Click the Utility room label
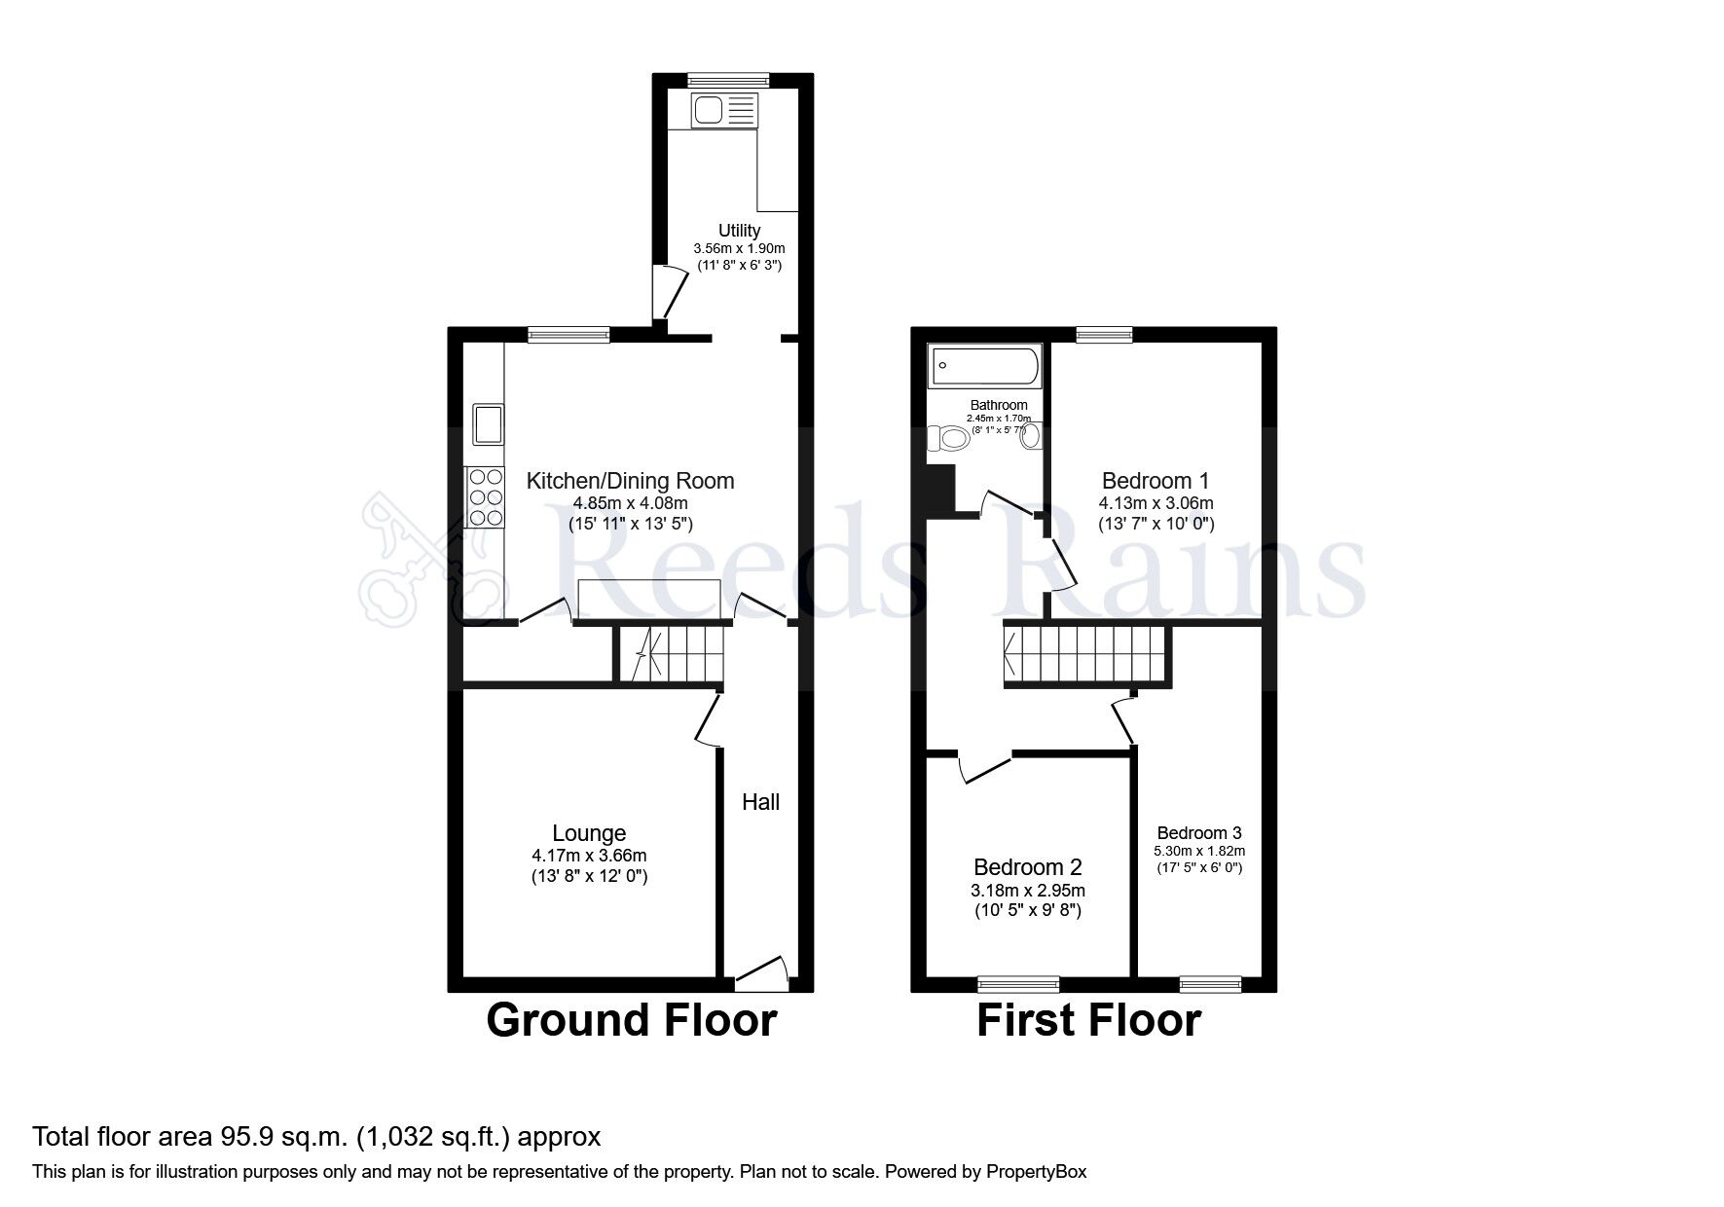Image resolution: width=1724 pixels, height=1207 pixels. pos(739,231)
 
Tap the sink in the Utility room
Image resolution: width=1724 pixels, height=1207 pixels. pos(723,110)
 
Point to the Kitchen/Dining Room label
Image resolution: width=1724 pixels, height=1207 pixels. pos(630,480)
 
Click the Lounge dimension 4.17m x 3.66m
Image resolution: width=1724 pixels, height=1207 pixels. pos(589,856)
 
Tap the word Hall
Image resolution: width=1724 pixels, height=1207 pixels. pos(760,802)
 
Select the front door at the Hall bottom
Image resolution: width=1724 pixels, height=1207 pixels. pos(761,970)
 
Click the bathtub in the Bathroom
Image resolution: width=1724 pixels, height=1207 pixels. pos(984,367)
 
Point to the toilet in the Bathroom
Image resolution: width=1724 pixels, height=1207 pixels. pos(949,439)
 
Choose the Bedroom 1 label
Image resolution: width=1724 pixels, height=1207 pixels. pos(1155,480)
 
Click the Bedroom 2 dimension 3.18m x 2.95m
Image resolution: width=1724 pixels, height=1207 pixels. pos(1028,890)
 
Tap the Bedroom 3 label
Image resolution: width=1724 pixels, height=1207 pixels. pos(1199,832)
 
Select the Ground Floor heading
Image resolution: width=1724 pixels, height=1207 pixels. pos(631,1020)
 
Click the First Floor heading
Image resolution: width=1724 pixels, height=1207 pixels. pos(1088,1020)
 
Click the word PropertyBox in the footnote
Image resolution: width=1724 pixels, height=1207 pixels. pos(1035,1172)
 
